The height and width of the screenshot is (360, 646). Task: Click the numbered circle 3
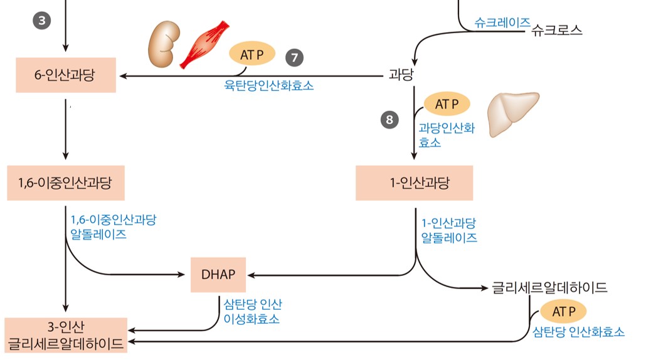(41, 21)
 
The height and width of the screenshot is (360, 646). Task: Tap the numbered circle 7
(294, 58)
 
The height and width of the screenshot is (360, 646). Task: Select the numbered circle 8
(389, 120)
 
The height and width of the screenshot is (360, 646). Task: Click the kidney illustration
(164, 44)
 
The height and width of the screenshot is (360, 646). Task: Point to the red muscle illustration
(204, 45)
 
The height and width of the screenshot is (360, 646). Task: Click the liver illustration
(512, 114)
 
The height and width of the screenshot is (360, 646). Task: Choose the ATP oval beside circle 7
(252, 55)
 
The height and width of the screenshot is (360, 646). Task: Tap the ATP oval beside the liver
(447, 104)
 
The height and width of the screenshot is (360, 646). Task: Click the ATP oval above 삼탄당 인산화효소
(563, 312)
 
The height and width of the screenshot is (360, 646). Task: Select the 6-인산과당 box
(66, 75)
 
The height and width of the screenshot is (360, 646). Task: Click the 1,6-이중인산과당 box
(66, 183)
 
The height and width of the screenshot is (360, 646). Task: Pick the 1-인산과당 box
(414, 183)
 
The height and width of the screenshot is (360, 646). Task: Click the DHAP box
(218, 275)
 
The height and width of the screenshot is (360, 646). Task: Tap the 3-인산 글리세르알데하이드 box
(66, 336)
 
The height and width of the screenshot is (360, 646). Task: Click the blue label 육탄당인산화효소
(268, 85)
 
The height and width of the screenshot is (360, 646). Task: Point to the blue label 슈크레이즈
(502, 23)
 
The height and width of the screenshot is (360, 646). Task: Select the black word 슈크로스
(556, 30)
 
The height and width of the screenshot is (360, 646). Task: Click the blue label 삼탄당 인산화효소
(578, 332)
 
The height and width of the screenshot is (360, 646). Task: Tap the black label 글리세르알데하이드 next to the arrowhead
(549, 287)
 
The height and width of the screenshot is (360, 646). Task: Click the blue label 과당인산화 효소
(447, 135)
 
